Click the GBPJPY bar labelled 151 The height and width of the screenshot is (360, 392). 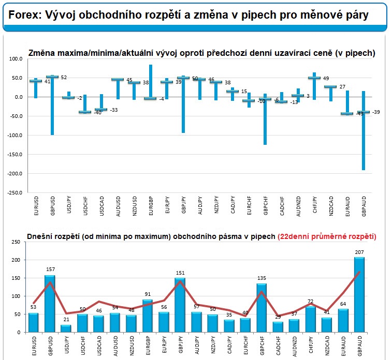180,305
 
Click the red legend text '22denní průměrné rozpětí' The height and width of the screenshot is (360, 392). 326,236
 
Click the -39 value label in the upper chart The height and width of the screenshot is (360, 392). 376,112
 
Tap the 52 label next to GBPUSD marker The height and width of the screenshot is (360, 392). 64,78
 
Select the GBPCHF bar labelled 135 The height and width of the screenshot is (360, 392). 262,308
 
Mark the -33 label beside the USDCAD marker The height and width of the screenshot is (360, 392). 114,110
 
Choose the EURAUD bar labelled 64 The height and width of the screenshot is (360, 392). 343,321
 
